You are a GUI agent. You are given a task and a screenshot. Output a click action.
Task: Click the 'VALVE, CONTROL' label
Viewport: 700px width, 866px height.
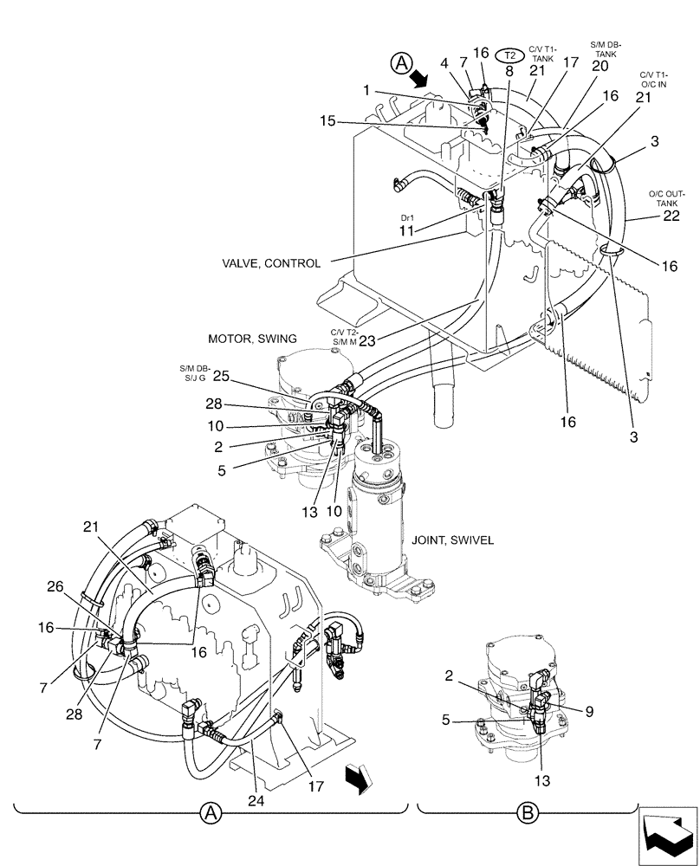271,263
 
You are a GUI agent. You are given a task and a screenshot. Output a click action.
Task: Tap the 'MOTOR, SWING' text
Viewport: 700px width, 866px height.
252,338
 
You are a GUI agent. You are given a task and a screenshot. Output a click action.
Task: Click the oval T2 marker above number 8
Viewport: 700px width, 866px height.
509,54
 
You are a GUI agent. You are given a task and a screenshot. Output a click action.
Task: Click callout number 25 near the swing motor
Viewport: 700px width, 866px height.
221,376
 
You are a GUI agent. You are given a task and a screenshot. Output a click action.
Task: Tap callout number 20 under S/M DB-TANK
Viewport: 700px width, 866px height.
600,65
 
